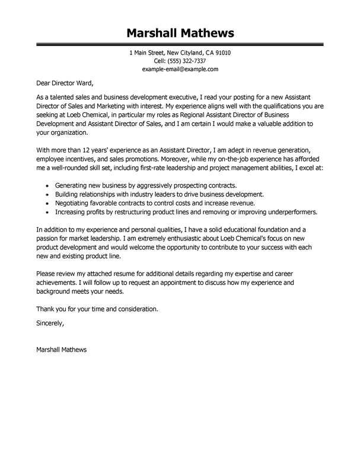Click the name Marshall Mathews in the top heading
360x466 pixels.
[180, 31]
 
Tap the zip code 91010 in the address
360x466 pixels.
[220, 53]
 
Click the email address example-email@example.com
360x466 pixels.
[180, 69]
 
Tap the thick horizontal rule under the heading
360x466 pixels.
[180, 45]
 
